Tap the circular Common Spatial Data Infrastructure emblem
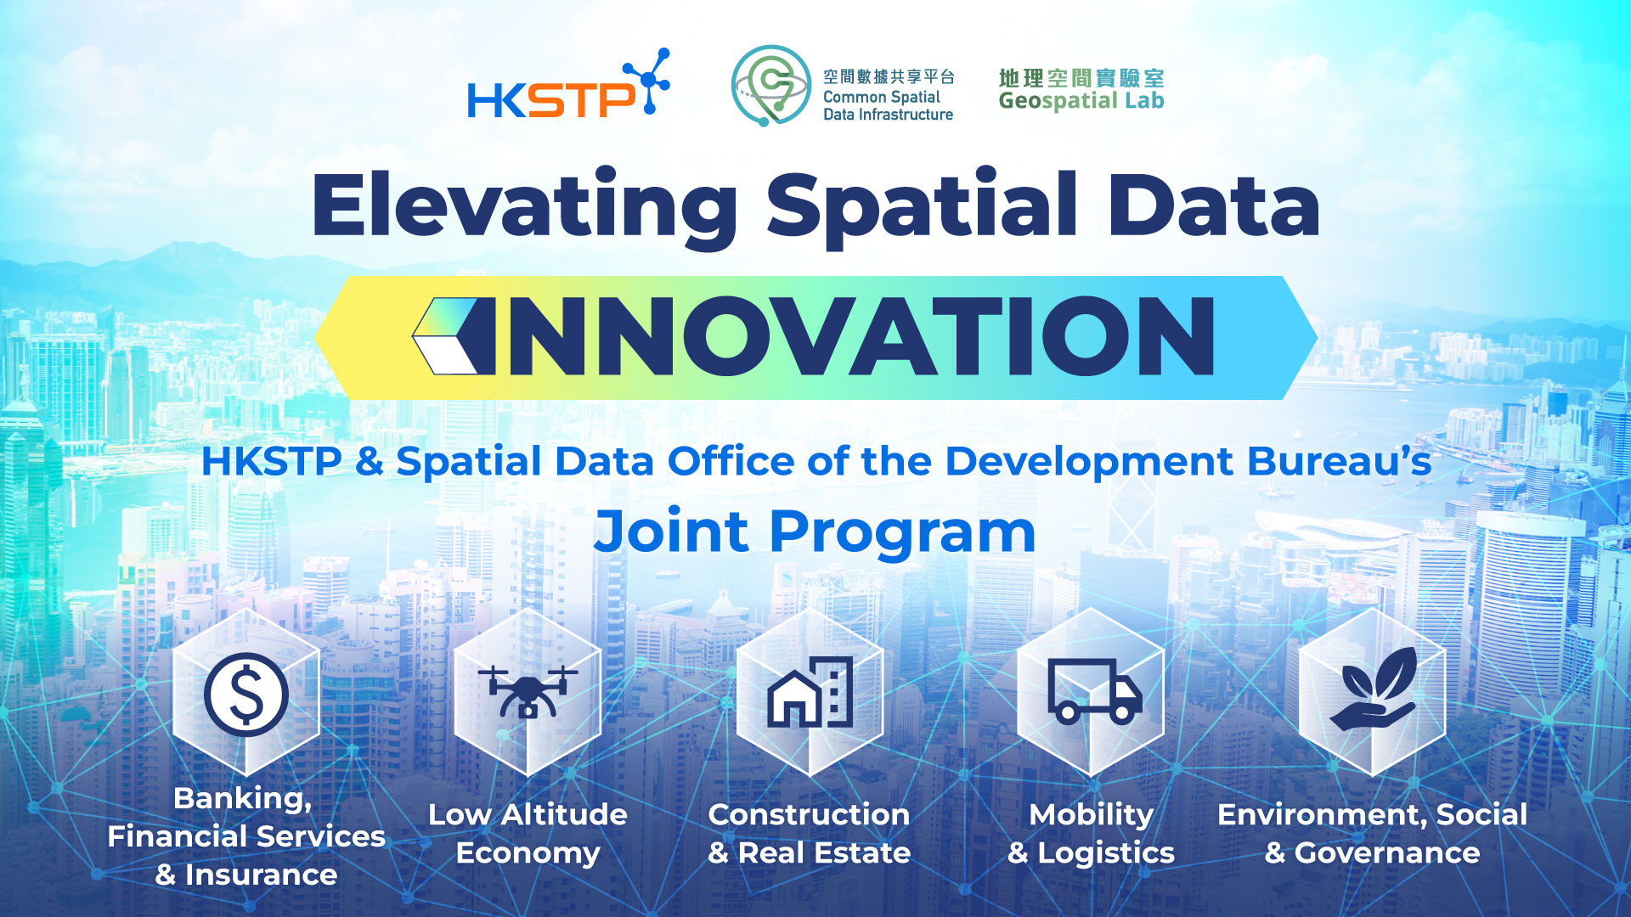(x=770, y=85)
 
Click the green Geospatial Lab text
(x=1081, y=101)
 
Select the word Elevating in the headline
(x=525, y=206)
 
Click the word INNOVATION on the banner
(x=860, y=336)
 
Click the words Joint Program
(x=815, y=532)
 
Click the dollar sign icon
(x=246, y=694)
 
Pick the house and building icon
(x=810, y=692)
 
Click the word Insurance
(x=261, y=875)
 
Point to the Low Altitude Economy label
(x=528, y=833)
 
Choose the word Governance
(x=1386, y=852)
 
